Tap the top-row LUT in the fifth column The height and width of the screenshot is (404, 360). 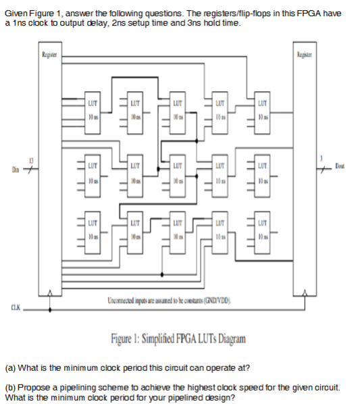(261, 112)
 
